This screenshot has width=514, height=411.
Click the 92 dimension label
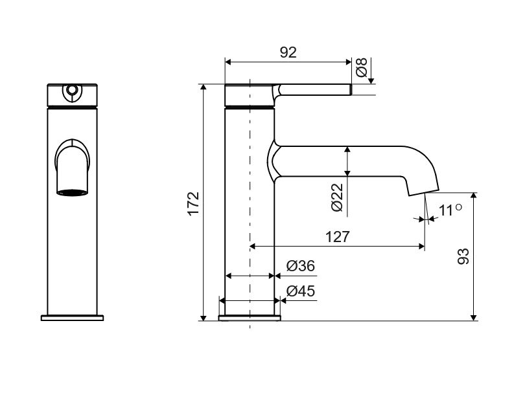click(x=288, y=52)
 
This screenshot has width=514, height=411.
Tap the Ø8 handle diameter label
click(x=362, y=67)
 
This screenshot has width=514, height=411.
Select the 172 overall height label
click(x=193, y=203)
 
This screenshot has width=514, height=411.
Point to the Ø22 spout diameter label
click(x=337, y=197)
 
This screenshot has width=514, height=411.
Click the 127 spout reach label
click(x=338, y=237)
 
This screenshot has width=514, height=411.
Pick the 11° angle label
click(x=450, y=210)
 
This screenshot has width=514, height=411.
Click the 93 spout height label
click(x=463, y=256)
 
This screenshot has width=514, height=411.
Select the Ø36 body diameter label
click(x=301, y=266)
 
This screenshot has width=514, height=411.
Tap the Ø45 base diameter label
click(x=301, y=291)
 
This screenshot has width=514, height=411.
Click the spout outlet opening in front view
click(x=73, y=193)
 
